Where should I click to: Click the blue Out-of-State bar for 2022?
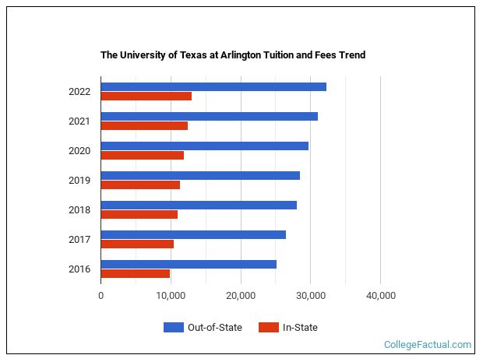[x=213, y=86]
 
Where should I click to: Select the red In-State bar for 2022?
[x=146, y=97]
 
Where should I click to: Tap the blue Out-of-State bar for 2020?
[x=205, y=146]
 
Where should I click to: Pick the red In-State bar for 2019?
[x=140, y=185]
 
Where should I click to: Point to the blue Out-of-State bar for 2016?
[x=189, y=264]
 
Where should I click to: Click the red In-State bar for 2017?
[x=137, y=244]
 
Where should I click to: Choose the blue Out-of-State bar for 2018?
[x=199, y=205]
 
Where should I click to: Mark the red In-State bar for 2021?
[x=144, y=126]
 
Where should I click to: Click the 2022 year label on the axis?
[x=79, y=92]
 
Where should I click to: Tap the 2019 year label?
[x=79, y=181]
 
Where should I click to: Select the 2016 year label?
[x=79, y=269]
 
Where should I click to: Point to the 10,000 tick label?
[x=171, y=295]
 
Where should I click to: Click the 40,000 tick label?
[x=380, y=295]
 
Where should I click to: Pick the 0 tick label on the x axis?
[x=101, y=295]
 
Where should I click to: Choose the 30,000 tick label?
[x=310, y=295]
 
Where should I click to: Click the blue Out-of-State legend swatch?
[x=173, y=328]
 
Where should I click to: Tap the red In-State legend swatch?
[x=268, y=328]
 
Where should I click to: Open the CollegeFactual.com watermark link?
[x=428, y=344]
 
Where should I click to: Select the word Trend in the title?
[x=351, y=55]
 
